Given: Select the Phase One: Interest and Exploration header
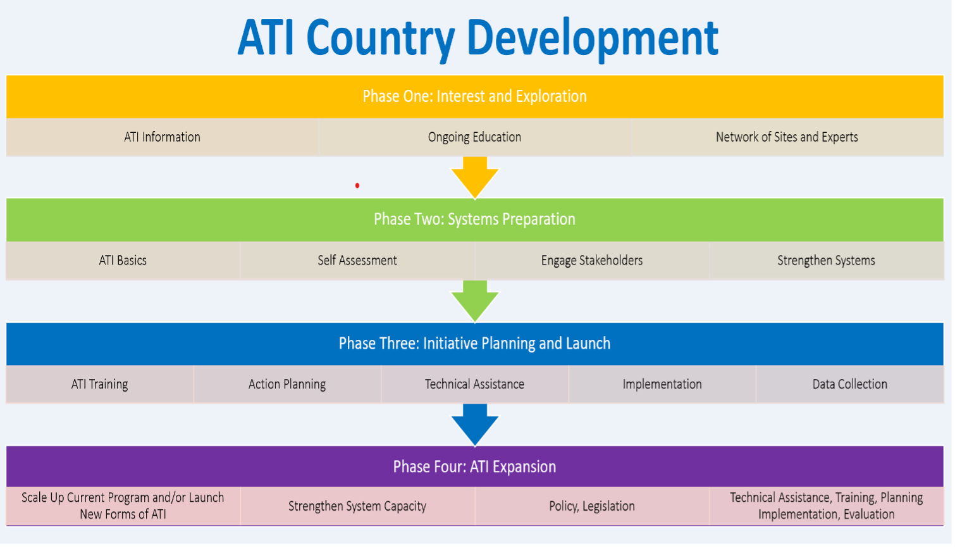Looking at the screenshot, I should tap(474, 96).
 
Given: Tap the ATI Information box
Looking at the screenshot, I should tap(162, 137).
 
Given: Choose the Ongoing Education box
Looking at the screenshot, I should tap(474, 137).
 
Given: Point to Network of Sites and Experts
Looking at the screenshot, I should tap(787, 137).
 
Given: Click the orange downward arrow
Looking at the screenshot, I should tap(475, 177).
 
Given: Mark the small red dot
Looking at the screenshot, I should tap(357, 185).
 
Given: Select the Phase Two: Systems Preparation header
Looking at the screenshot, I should tap(474, 219).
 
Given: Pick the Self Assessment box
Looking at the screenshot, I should tap(357, 260).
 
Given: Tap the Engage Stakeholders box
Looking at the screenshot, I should tap(592, 260).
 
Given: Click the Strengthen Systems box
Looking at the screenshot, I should tap(826, 260).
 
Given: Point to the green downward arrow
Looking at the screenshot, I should tap(475, 301).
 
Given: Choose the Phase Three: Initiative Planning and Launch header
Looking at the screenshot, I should tap(474, 343).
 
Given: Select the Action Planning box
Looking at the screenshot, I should tap(287, 384).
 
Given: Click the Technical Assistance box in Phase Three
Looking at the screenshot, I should tap(474, 384).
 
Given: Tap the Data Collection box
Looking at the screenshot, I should tap(849, 384).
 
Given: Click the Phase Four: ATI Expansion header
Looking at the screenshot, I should tap(474, 466).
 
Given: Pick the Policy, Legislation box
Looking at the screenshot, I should tap(592, 506).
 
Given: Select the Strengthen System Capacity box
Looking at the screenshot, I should tap(357, 506).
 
